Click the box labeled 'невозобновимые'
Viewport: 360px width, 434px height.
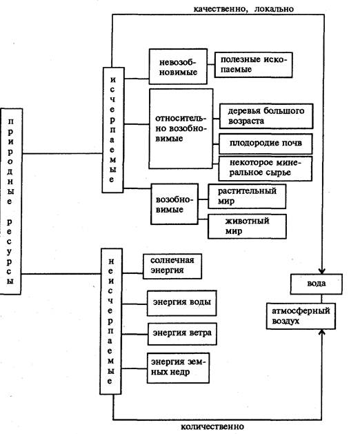pyautogui.click(x=178, y=67)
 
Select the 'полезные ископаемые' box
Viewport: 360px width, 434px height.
pyautogui.click(x=254, y=65)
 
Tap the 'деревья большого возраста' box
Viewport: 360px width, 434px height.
pyautogui.click(x=266, y=116)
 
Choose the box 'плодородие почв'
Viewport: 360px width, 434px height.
pyautogui.click(x=266, y=144)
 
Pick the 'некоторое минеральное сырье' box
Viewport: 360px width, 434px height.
pyautogui.click(x=266, y=168)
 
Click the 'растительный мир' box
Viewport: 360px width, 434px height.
pyautogui.click(x=247, y=196)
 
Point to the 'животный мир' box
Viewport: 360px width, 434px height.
pyautogui.click(x=247, y=226)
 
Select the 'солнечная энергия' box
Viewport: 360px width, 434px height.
pyautogui.click(x=172, y=266)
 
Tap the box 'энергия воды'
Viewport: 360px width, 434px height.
pyautogui.click(x=181, y=303)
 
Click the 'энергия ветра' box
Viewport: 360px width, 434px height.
pyautogui.click(x=182, y=334)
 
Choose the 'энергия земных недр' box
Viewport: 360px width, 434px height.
pyautogui.click(x=178, y=368)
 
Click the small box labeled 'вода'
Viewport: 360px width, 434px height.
pyautogui.click(x=317, y=284)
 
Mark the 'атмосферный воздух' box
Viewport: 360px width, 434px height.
pyautogui.click(x=301, y=316)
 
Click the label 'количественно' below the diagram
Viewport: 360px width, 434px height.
pyautogui.click(x=212, y=426)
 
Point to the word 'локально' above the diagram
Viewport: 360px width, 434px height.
pyautogui.click(x=274, y=9)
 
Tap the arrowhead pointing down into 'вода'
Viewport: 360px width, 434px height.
pyautogui.click(x=322, y=270)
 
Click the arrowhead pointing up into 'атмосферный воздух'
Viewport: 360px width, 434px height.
pyautogui.click(x=321, y=332)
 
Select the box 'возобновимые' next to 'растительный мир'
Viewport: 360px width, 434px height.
pyautogui.click(x=174, y=204)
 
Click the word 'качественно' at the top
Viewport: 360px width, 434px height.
pyautogui.click(x=219, y=9)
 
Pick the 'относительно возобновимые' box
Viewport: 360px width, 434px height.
pyautogui.click(x=181, y=129)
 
